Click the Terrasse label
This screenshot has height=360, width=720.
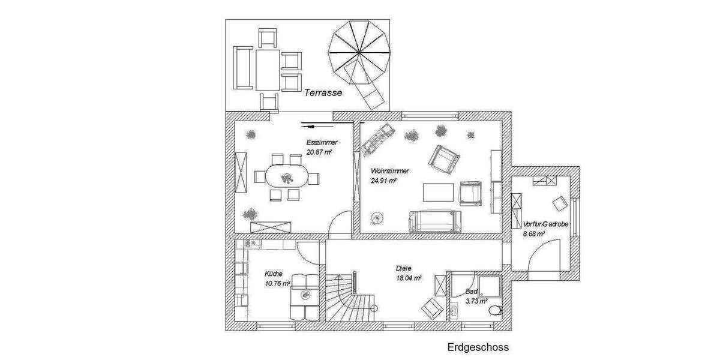click(x=323, y=92)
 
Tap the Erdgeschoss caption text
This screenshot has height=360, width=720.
click(x=478, y=347)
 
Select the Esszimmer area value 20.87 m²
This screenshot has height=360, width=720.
click(x=319, y=153)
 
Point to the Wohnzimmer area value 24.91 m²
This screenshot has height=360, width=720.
click(x=383, y=181)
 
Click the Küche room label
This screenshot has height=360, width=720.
click(x=273, y=274)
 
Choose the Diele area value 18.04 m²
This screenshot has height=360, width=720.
click(x=408, y=278)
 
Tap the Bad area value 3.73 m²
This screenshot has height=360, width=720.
click(x=476, y=301)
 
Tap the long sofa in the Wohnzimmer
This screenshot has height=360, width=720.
click(x=435, y=221)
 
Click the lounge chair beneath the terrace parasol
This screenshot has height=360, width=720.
click(x=367, y=90)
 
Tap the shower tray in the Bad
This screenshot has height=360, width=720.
click(x=491, y=287)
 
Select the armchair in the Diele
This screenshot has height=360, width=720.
click(x=432, y=308)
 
